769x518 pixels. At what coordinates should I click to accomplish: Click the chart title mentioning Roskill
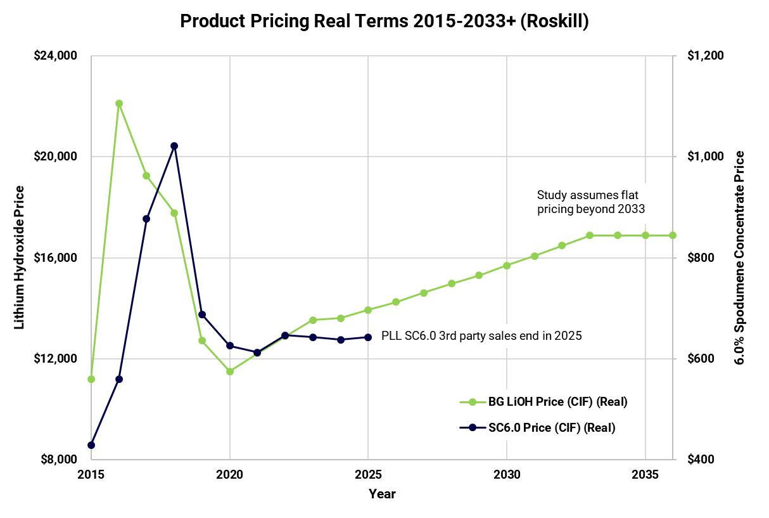[384, 21]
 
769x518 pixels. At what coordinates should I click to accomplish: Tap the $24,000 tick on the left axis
[55, 56]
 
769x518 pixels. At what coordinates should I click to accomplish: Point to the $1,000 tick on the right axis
[705, 157]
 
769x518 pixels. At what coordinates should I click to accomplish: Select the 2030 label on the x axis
[507, 474]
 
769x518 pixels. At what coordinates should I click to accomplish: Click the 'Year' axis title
[382, 494]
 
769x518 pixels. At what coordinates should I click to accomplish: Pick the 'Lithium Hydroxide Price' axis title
[20, 257]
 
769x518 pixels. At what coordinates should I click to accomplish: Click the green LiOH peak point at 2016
[119, 103]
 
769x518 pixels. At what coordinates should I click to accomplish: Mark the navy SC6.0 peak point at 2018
[174, 146]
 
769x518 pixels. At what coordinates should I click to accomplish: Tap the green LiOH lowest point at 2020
[230, 372]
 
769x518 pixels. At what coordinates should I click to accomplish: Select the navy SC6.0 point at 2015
[91, 445]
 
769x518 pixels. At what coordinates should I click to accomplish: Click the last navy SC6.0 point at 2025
[368, 337]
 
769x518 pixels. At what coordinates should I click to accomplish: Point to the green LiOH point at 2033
[590, 235]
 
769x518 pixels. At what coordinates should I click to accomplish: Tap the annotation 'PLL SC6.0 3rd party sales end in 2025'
[481, 336]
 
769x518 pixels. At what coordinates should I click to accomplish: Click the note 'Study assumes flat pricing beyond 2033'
[591, 202]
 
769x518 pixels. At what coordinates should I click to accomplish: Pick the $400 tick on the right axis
[701, 460]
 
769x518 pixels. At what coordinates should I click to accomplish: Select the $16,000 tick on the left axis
[55, 258]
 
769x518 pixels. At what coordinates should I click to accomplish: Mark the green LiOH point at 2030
[507, 266]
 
